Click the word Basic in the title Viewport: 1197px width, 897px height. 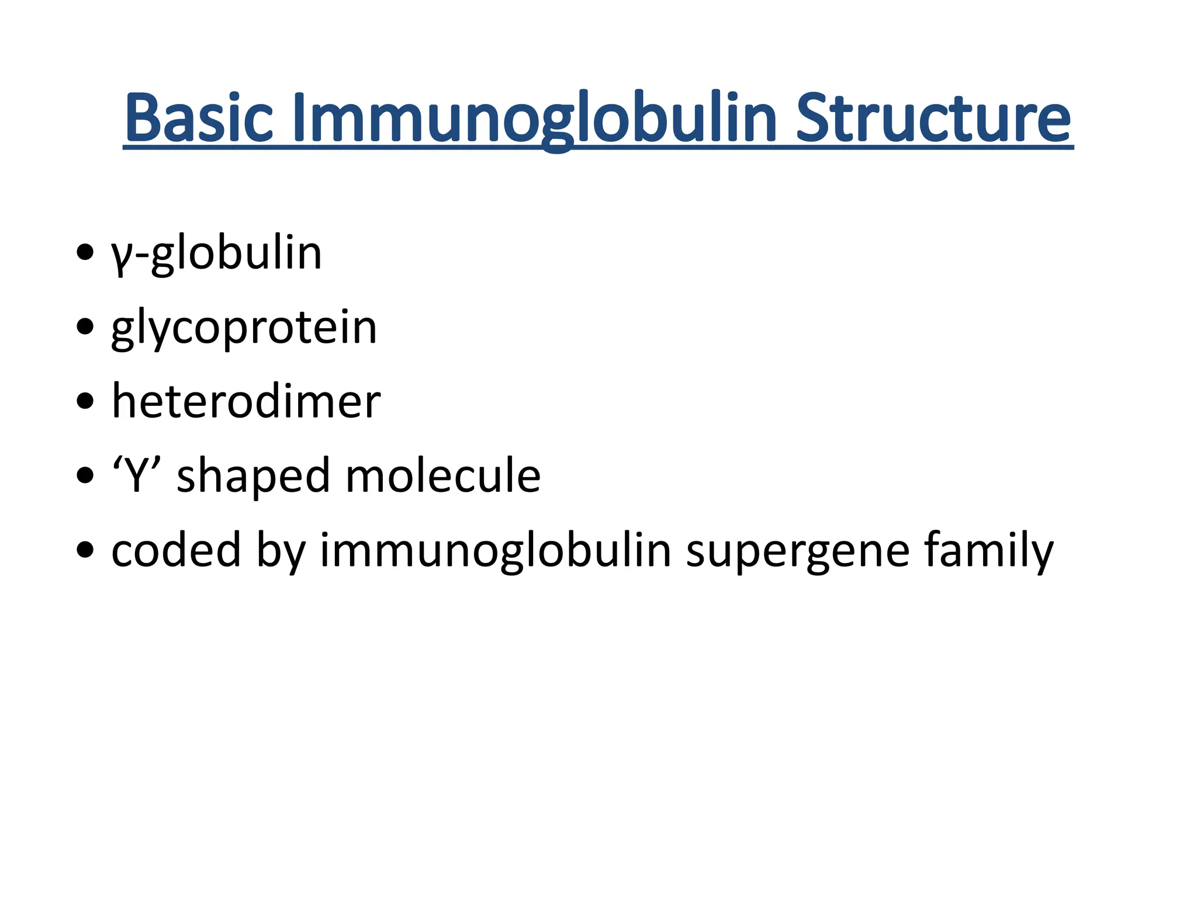(x=199, y=119)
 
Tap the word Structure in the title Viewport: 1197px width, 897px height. (x=933, y=119)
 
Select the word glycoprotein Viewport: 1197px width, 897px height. (x=244, y=329)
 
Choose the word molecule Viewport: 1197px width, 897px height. (x=442, y=475)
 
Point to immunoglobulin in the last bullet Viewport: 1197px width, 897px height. (x=495, y=551)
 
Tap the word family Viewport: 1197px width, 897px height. (x=989, y=551)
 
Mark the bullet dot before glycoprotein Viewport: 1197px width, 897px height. (x=85, y=327)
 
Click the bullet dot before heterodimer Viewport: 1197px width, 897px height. (x=85, y=401)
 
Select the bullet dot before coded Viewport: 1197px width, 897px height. (x=85, y=550)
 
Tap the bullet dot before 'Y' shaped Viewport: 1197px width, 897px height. (x=85, y=475)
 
